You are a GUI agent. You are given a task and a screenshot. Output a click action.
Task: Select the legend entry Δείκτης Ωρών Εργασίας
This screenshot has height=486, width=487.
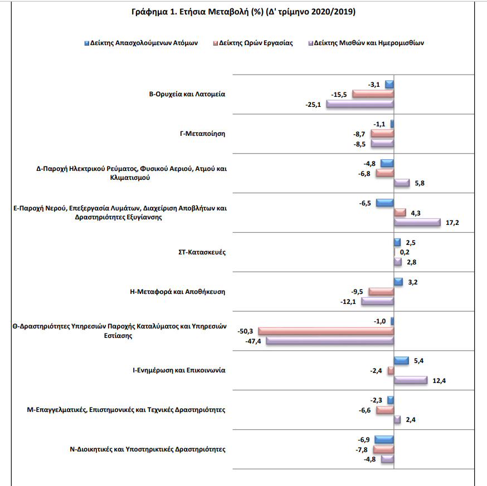(x=253, y=43)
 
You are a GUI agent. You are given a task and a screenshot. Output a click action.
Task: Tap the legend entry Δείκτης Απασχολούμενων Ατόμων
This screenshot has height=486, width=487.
(x=141, y=43)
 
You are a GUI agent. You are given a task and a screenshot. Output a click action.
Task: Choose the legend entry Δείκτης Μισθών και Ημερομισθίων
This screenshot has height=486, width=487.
(x=366, y=43)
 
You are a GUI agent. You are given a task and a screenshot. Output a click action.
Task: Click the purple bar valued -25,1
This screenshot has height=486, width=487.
(x=360, y=104)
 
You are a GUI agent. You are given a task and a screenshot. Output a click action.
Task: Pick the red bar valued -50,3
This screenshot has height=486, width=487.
(x=326, y=331)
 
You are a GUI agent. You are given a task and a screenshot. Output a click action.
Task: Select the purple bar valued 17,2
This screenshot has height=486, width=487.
(x=417, y=222)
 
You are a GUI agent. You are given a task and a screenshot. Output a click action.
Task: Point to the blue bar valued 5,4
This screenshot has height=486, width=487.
(x=401, y=360)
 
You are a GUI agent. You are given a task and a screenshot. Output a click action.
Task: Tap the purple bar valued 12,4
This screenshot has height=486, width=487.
(x=411, y=380)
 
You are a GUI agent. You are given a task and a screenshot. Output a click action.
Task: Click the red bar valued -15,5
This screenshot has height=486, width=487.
(x=373, y=94)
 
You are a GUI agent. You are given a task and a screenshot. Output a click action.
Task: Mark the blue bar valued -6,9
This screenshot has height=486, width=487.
(x=384, y=439)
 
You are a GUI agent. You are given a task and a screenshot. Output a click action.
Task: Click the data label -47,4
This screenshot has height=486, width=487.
(x=253, y=341)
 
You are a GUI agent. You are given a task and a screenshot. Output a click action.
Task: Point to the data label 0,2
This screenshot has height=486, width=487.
(x=405, y=252)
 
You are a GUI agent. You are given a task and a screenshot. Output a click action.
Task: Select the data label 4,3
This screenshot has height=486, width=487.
(x=416, y=213)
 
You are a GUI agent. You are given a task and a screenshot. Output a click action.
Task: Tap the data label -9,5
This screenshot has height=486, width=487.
(x=357, y=292)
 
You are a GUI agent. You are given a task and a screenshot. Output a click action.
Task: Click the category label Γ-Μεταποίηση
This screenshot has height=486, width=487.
(x=202, y=134)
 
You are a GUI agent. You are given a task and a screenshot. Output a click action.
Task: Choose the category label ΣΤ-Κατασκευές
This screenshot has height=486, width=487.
(x=202, y=252)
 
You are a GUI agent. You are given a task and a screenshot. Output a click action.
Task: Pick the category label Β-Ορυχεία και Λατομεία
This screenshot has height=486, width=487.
(x=187, y=94)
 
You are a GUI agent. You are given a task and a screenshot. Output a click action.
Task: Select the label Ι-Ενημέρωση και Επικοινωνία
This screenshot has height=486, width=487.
(x=179, y=370)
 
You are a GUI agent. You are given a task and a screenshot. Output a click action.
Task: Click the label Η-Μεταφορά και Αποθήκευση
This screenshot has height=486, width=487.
(x=178, y=292)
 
